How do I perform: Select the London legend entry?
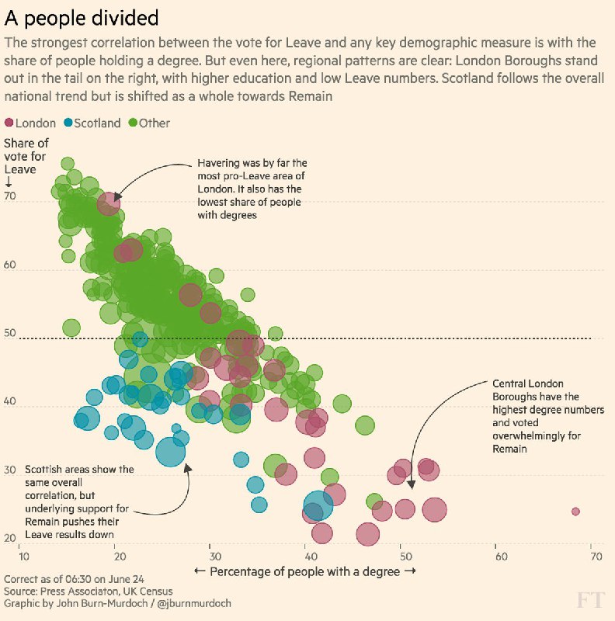[x=30, y=123]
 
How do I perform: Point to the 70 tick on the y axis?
[x=11, y=197]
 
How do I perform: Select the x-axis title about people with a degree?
[x=305, y=571]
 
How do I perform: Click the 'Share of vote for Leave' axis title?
[x=25, y=156]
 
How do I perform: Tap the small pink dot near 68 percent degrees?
[x=575, y=512]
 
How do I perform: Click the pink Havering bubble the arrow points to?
[x=109, y=203]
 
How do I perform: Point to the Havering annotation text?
[x=252, y=189]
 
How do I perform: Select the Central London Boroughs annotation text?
[x=535, y=416]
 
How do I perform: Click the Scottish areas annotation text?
[x=78, y=502]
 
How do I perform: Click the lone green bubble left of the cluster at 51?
[x=71, y=328]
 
